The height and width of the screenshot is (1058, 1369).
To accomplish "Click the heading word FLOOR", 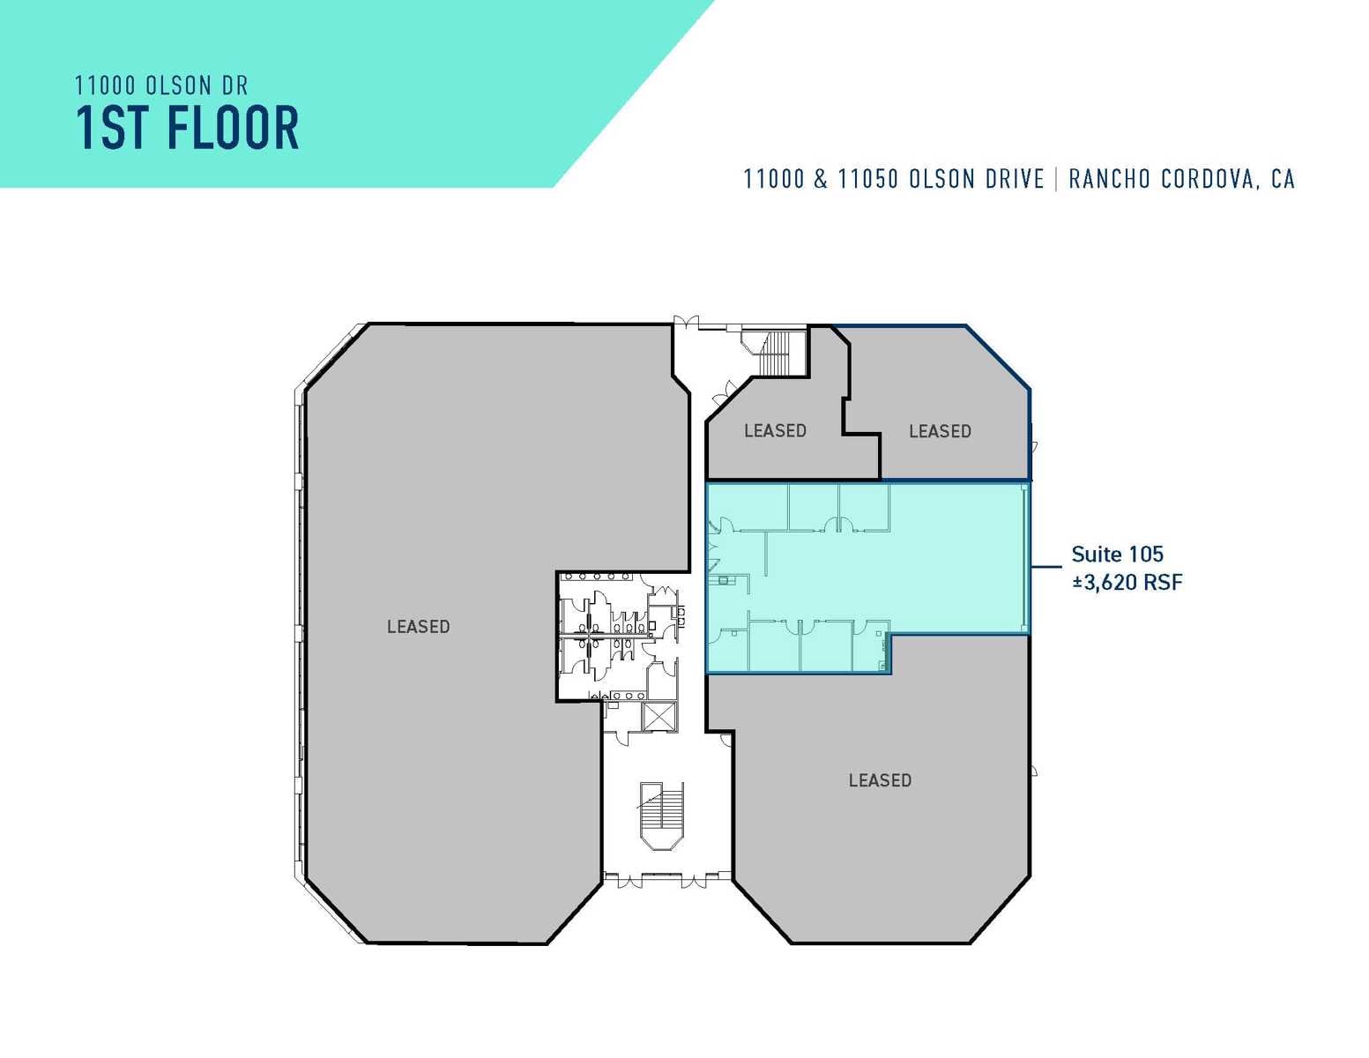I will pyautogui.click(x=233, y=129).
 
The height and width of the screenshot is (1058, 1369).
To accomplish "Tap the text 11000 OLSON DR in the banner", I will pyautogui.click(x=161, y=86).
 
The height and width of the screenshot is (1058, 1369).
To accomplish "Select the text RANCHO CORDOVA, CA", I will pyautogui.click(x=1181, y=179).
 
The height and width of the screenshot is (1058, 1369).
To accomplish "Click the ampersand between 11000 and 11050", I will pyautogui.click(x=821, y=179).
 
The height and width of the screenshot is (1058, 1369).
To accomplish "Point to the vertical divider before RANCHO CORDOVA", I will pyautogui.click(x=1056, y=179).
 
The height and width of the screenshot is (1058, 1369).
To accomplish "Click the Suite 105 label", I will pyautogui.click(x=1117, y=555).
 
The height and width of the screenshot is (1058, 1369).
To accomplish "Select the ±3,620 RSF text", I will pyautogui.click(x=1127, y=582).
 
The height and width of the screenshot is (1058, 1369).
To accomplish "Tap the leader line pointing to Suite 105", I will pyautogui.click(x=1046, y=567).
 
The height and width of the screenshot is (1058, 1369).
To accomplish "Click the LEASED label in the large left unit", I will pyautogui.click(x=418, y=627).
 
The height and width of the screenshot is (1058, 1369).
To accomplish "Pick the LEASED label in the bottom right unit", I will pyautogui.click(x=880, y=780).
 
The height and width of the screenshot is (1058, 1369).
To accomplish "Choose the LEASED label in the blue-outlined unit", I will pyautogui.click(x=940, y=431).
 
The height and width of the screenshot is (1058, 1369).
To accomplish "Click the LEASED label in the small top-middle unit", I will pyautogui.click(x=775, y=430).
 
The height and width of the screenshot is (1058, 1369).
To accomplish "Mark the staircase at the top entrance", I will pyautogui.click(x=776, y=352).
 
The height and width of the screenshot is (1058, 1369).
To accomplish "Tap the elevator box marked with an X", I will pyautogui.click(x=658, y=716).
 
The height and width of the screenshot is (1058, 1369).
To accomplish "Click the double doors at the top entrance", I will pyautogui.click(x=686, y=322).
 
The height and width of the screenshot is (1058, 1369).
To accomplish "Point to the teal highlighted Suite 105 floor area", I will pyautogui.click(x=952, y=564).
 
